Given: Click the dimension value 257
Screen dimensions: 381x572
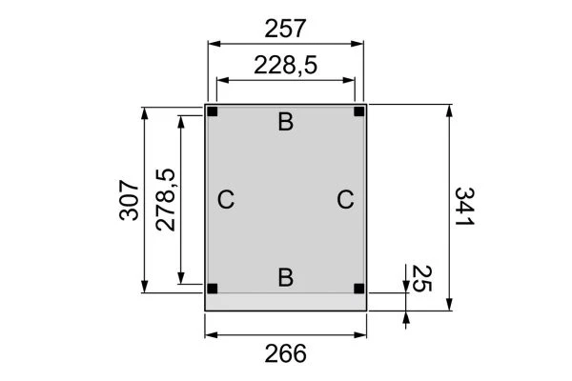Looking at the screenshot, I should (x=285, y=29).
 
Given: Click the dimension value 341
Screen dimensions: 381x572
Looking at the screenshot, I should (x=464, y=207).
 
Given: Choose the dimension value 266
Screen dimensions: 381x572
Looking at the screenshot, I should (x=285, y=353).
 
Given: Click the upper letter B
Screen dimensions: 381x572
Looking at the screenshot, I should (x=285, y=122).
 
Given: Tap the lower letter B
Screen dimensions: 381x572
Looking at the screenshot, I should (x=285, y=277).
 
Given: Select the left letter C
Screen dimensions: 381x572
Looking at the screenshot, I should (x=226, y=200).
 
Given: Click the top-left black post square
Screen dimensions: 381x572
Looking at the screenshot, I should (x=213, y=112).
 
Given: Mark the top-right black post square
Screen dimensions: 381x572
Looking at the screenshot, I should (x=359, y=112).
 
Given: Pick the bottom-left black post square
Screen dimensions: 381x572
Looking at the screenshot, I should (x=213, y=288).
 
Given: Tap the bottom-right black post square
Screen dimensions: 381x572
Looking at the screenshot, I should (x=359, y=288).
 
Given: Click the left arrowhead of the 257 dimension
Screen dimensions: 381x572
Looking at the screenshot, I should (x=213, y=44).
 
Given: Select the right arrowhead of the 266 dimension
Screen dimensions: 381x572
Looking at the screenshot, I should (x=362, y=334).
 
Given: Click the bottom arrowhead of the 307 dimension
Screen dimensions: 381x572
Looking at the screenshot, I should (x=145, y=287).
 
